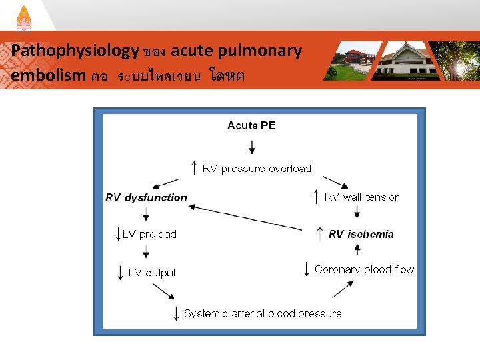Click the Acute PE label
[x=251, y=125]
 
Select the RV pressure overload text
[x=257, y=169]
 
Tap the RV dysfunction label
[x=147, y=197]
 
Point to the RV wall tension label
[x=361, y=197]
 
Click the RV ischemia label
[x=361, y=234]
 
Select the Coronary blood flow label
[x=364, y=269]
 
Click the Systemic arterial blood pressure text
[x=263, y=313]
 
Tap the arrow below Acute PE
[x=251, y=144]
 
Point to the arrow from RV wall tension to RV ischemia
[x=357, y=212]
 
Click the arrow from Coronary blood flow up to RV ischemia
[x=357, y=250]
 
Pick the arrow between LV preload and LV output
[x=146, y=252]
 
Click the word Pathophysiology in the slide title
[x=75, y=51]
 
